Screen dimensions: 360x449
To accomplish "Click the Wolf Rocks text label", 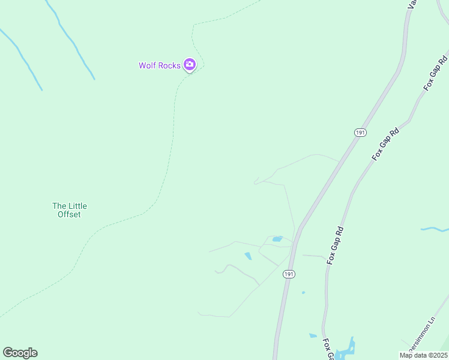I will tap(160, 65).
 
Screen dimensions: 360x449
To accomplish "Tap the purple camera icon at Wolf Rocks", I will tap(190, 64).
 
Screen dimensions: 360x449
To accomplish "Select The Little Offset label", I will tap(69, 210).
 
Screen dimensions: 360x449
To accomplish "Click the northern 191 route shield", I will tap(360, 133).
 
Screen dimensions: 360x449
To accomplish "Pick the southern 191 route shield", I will tap(289, 274).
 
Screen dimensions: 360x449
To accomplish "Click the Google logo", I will tap(20, 353).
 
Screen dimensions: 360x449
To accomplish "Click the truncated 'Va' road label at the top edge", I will tap(412, 4).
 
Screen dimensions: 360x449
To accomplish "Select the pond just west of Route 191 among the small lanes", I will tap(277, 239).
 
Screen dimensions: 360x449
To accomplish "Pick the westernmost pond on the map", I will tap(248, 256).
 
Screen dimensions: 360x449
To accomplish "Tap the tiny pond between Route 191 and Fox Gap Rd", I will tap(303, 293).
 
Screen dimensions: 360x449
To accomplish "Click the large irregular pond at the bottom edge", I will tap(345, 350).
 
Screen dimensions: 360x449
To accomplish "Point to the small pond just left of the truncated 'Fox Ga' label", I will tap(313, 335).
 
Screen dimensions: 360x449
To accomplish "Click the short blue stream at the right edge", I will tap(435, 229).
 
